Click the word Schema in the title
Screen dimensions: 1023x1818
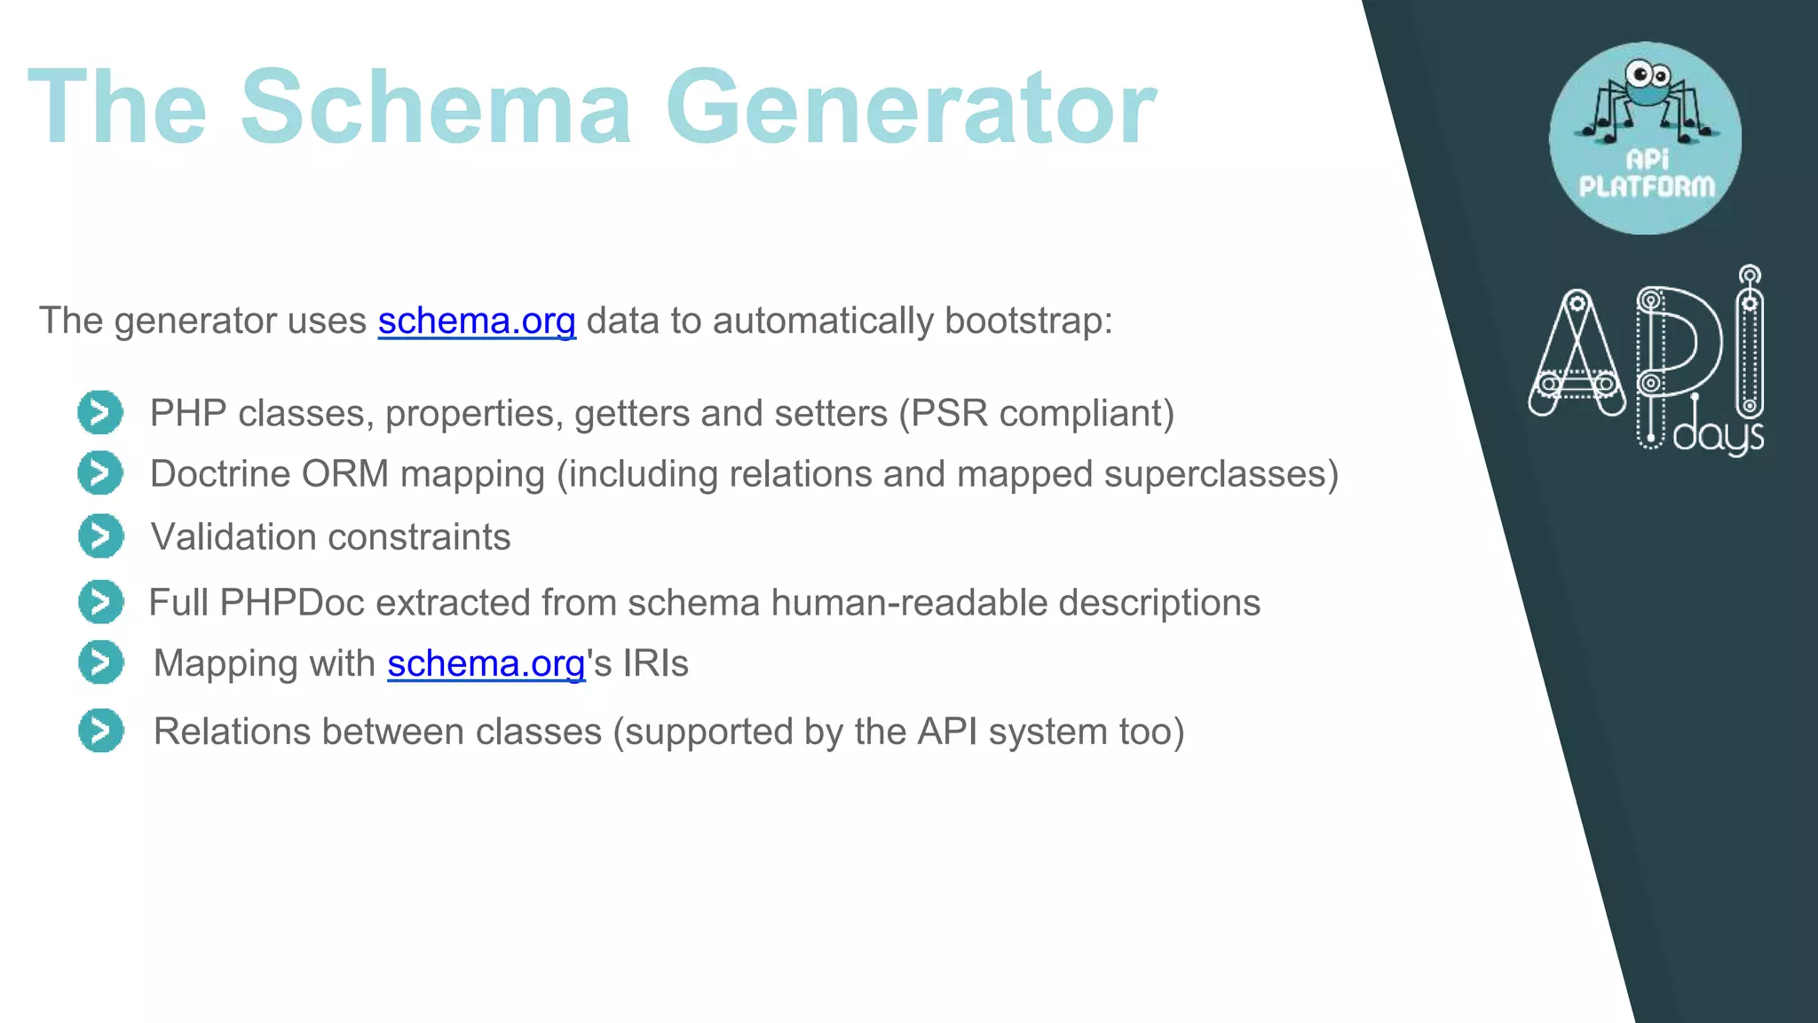(x=435, y=108)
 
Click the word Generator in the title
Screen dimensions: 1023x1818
(x=911, y=108)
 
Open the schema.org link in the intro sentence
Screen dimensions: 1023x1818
(x=477, y=321)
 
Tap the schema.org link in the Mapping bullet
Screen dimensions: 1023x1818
(x=486, y=663)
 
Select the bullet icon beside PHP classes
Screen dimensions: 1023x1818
(x=100, y=413)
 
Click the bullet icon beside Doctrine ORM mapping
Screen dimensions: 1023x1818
(x=100, y=473)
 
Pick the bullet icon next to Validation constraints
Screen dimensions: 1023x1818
(x=100, y=536)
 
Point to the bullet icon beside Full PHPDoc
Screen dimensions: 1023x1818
(x=100, y=602)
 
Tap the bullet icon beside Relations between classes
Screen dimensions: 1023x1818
(x=100, y=731)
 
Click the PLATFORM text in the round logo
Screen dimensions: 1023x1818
(x=1647, y=186)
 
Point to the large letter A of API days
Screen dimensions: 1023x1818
(x=1577, y=355)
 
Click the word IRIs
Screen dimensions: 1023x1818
(x=655, y=663)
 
